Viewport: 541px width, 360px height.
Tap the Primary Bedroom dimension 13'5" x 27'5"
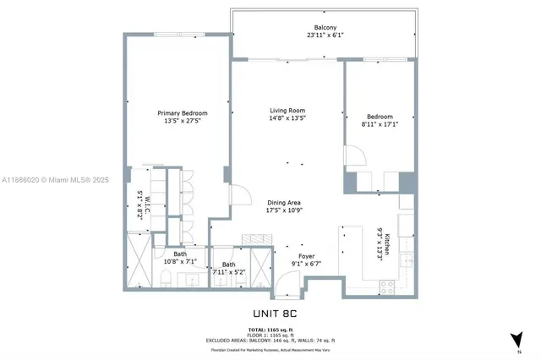coord(182,122)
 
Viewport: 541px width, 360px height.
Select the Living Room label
coord(287,111)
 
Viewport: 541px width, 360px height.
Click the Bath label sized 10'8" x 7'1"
coord(180,254)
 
